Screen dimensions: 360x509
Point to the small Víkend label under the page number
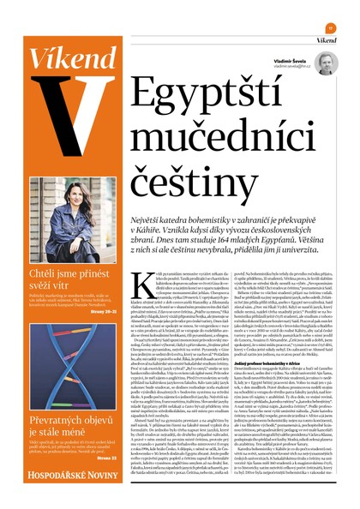[x=326, y=39]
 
